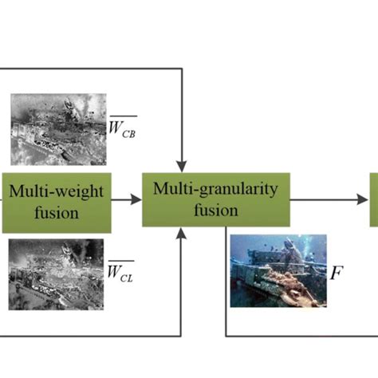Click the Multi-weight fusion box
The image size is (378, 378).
pyautogui.click(x=57, y=200)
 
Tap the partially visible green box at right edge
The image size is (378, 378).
pyautogui.click(x=373, y=199)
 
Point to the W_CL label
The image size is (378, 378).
pyautogui.click(x=121, y=271)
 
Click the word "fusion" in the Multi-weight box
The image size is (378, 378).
pyautogui.click(x=57, y=213)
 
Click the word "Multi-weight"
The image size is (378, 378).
pyautogui.click(x=57, y=191)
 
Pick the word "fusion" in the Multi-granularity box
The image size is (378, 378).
pyautogui.click(x=215, y=211)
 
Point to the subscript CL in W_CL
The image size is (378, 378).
pyautogui.click(x=127, y=275)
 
